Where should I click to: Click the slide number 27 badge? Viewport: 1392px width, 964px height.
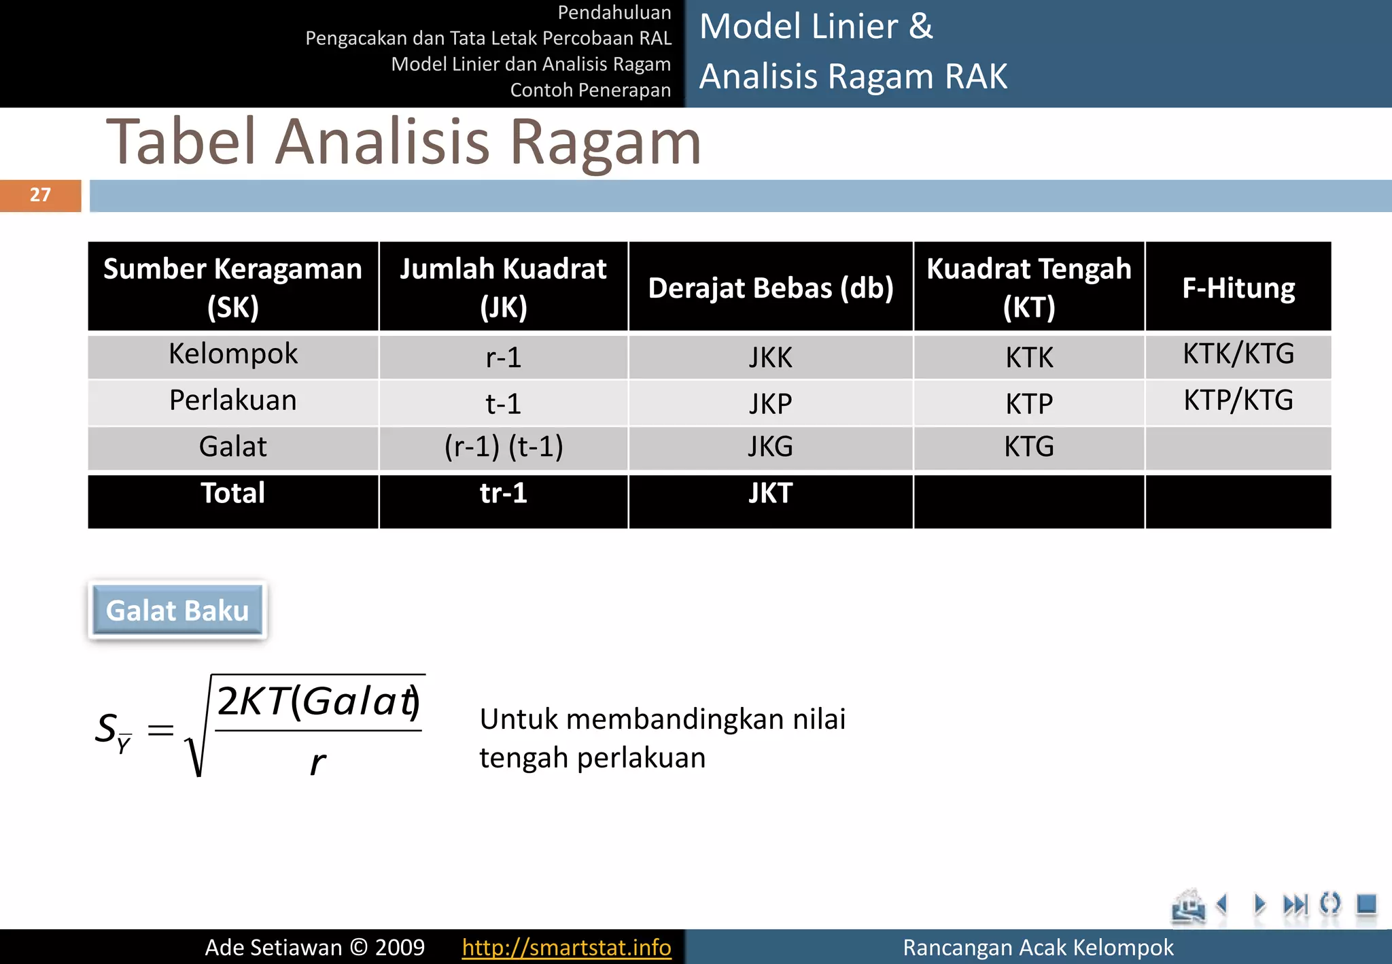(x=40, y=195)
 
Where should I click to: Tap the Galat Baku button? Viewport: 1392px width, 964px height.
(x=177, y=610)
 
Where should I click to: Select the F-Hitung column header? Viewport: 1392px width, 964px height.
(x=1238, y=288)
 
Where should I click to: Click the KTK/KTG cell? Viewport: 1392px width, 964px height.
(x=1238, y=354)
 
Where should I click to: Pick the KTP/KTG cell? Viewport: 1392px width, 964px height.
(x=1238, y=400)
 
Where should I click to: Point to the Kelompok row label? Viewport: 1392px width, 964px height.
(x=233, y=354)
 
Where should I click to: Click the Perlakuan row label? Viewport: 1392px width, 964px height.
(x=233, y=400)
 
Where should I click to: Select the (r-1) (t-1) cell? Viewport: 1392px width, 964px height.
(x=504, y=447)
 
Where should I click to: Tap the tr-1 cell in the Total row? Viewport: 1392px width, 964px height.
(x=504, y=493)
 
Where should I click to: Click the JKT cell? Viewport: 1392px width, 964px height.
(x=770, y=493)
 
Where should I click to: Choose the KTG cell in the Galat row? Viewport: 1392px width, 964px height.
(x=1029, y=447)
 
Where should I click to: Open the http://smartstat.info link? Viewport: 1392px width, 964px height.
(x=566, y=947)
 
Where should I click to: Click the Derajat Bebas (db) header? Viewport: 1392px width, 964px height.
(x=770, y=288)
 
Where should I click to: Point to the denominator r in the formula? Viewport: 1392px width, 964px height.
(x=317, y=763)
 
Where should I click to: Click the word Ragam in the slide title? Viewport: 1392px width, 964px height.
(x=605, y=142)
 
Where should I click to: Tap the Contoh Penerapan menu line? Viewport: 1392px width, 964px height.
(x=590, y=90)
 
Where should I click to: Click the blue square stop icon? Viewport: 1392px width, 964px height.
(x=1365, y=904)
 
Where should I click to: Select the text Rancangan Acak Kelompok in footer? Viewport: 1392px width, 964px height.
(x=1037, y=947)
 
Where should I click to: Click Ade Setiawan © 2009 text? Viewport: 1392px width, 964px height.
(x=315, y=947)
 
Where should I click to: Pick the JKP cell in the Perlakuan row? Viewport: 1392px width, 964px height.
(x=770, y=404)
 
